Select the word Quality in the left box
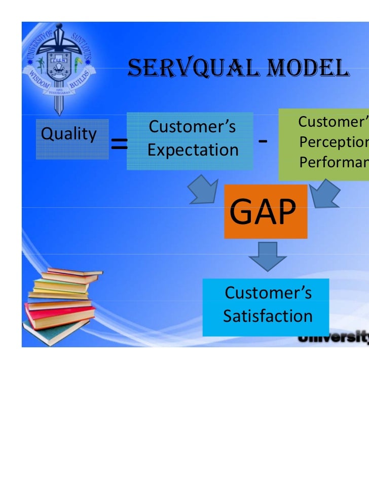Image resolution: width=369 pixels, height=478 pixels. tap(68, 134)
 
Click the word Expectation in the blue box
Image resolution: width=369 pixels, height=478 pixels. tap(193, 150)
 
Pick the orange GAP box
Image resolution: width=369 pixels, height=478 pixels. tap(266, 211)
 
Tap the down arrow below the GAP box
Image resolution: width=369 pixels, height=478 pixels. tap(267, 256)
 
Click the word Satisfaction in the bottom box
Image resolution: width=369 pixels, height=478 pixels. tap(268, 316)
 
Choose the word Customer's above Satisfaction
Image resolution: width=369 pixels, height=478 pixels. tap(268, 293)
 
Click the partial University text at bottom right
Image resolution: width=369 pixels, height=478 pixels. tap(333, 338)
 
